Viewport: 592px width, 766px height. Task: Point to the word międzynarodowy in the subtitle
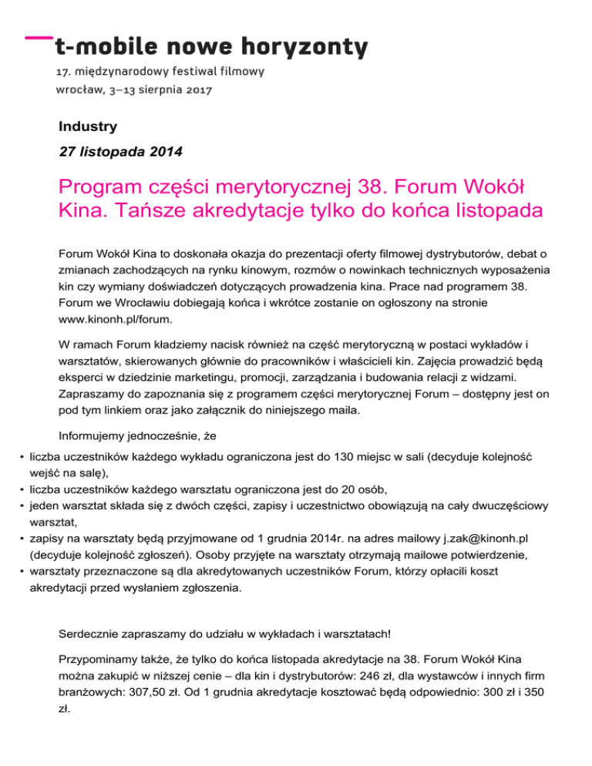[x=124, y=72]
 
